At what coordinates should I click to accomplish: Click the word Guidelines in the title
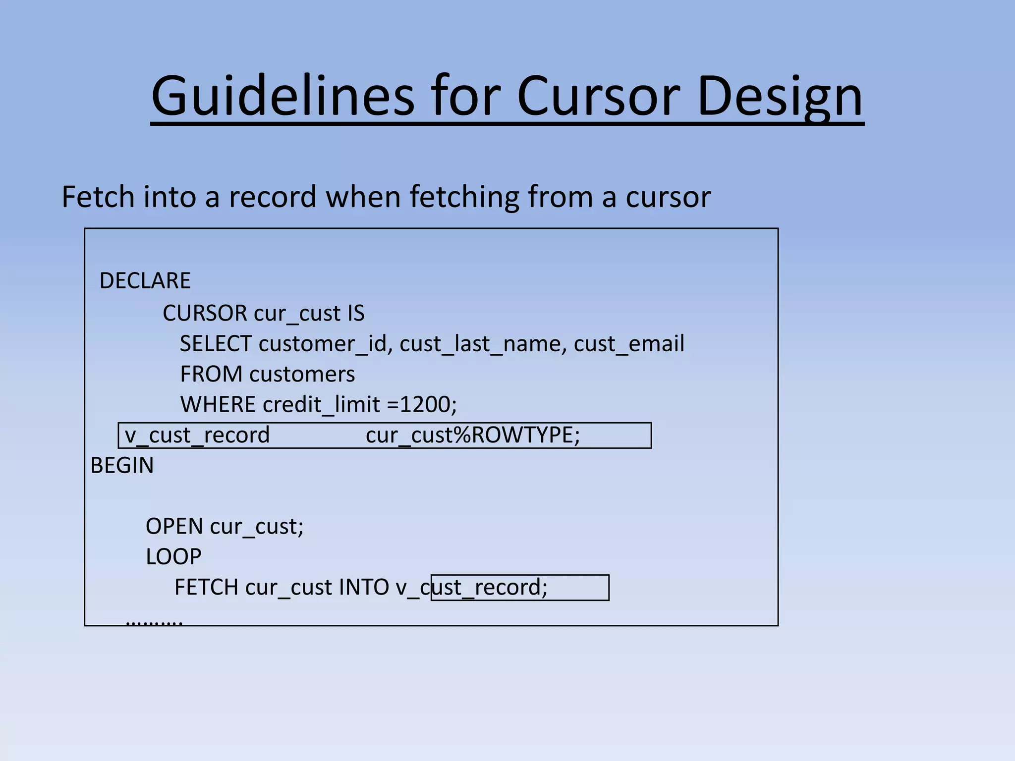click(282, 96)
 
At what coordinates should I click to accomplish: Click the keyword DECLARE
click(145, 281)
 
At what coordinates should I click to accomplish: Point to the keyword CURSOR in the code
click(205, 313)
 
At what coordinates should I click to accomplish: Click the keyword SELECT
click(216, 344)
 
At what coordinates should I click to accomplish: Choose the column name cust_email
click(629, 344)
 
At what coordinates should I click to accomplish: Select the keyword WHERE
click(218, 404)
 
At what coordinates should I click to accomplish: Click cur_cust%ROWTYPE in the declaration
click(472, 435)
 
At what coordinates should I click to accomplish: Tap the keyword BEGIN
click(122, 465)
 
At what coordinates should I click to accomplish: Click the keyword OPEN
click(174, 526)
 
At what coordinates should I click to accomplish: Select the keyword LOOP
click(173, 557)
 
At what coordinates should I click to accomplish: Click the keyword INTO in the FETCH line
click(364, 588)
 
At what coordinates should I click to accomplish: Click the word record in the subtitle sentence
click(272, 197)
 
